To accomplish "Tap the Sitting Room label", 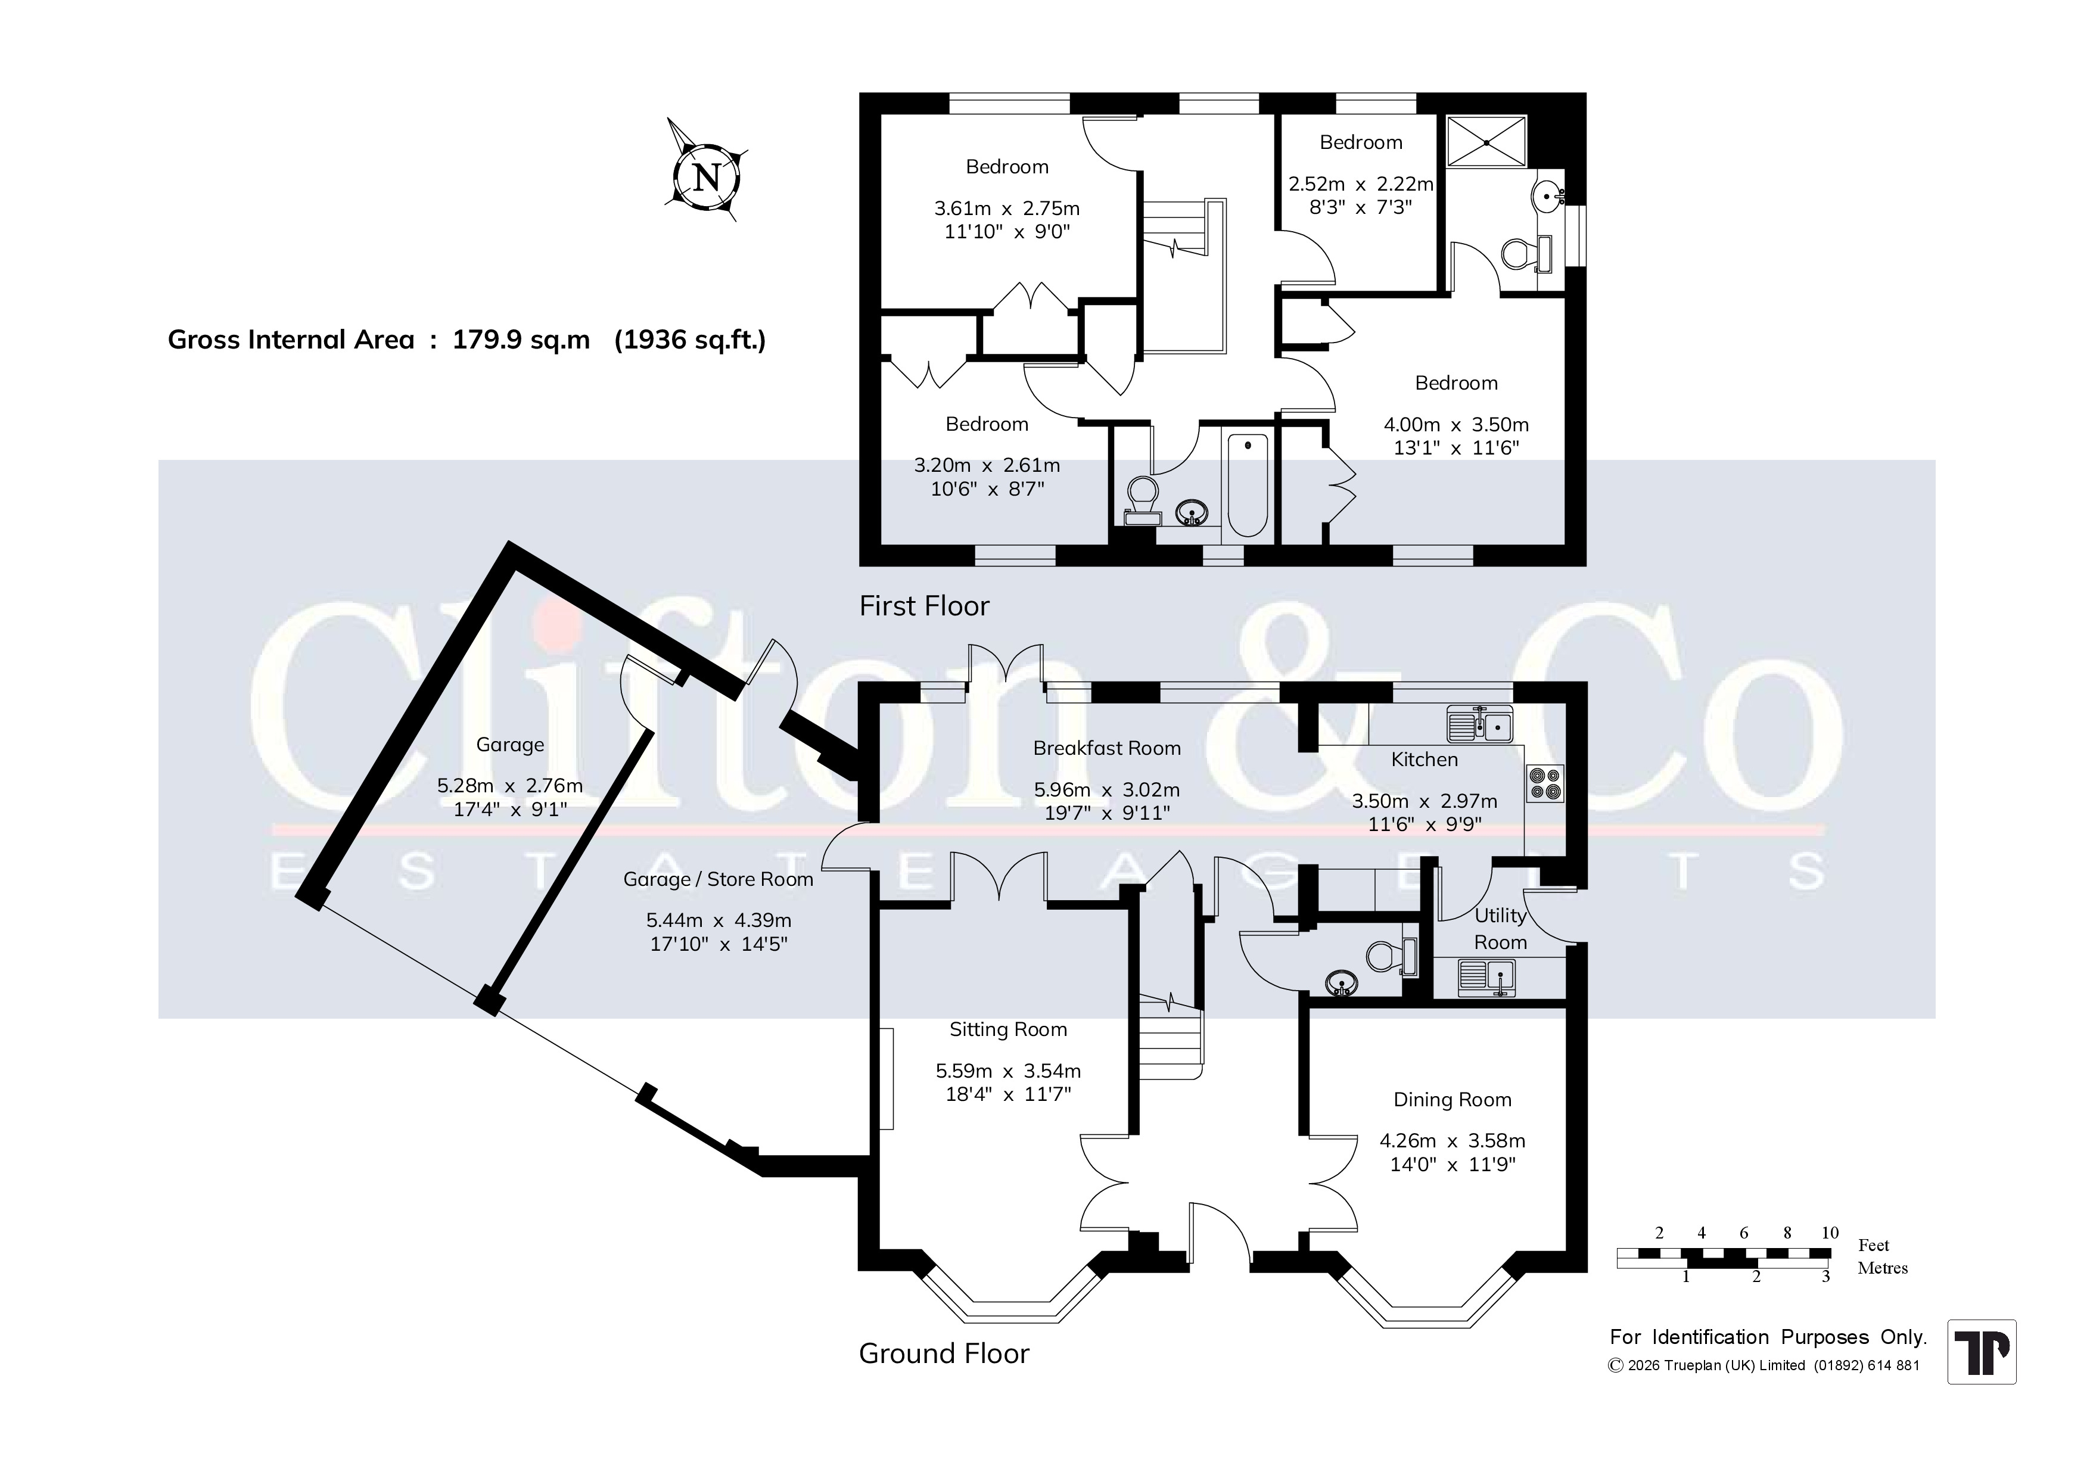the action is coord(1007,1029).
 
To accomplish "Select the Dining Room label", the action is coord(1452,1099).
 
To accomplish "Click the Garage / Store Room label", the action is coord(717,879).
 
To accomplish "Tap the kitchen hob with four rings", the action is coord(1545,783).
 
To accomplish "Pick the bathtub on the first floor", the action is coord(1247,485).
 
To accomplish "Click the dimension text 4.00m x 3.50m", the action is coord(1455,424).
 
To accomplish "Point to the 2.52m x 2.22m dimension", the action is coord(1361,184).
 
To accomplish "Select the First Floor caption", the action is coord(924,606).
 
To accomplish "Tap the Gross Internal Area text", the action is coord(466,340).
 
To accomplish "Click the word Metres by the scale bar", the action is coord(1883,1268).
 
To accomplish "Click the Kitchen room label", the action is coord(1425,759).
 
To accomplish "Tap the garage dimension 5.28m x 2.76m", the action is coord(510,785).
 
